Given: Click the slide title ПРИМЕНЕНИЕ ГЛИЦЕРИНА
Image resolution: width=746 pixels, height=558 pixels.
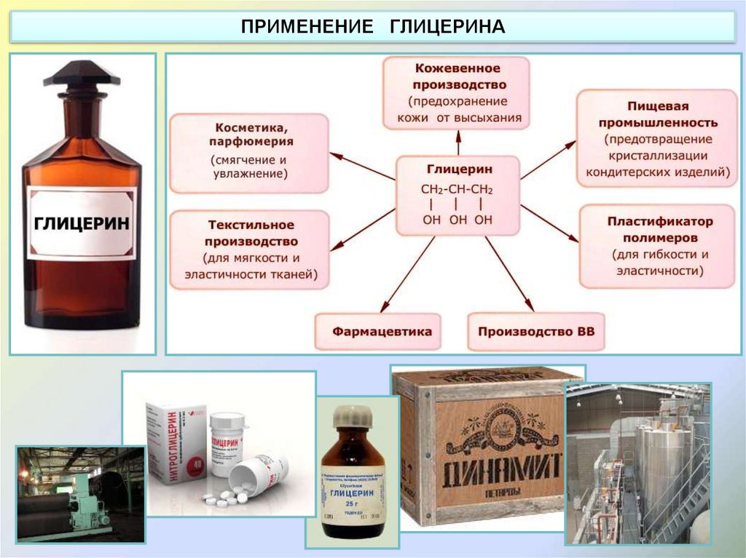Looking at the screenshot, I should (372, 27).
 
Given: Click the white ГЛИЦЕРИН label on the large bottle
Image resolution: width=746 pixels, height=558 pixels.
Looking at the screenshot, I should (82, 222).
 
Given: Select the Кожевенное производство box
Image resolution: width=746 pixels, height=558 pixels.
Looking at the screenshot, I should (457, 92).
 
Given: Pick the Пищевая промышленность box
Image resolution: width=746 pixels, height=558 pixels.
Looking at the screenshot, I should (657, 138).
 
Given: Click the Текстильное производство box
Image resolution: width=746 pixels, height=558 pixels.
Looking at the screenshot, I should (248, 249).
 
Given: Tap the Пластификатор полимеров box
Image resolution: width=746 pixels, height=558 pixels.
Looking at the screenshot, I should (659, 246).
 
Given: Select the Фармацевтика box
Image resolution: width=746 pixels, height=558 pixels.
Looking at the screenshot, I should (377, 332).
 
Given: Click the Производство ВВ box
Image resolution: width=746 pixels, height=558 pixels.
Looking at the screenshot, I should (536, 332).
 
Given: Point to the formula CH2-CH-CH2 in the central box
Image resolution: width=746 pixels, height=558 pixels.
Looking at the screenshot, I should (457, 190).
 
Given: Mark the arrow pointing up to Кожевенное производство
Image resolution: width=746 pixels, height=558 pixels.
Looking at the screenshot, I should (458, 143).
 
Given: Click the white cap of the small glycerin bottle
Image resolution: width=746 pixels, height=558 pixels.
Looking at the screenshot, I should (353, 415).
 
